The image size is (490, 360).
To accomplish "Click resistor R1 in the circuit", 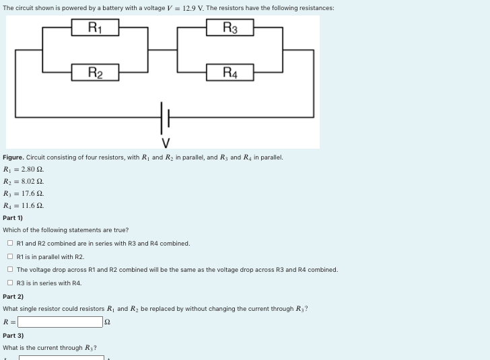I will click(x=95, y=28).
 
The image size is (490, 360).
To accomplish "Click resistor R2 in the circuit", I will click(x=95, y=72).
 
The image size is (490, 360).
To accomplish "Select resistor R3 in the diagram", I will click(x=230, y=28).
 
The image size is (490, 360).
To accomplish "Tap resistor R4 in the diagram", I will click(x=230, y=72).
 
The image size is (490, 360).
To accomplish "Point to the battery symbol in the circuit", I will click(x=164, y=118).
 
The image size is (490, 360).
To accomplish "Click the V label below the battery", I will click(x=166, y=143).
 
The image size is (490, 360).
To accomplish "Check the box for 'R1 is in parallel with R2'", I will click(x=10, y=256).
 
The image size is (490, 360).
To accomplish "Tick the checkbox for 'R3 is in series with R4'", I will click(x=10, y=283).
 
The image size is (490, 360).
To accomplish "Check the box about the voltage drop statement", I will click(x=10, y=270).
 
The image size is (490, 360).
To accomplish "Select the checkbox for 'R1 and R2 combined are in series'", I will click(x=10, y=244).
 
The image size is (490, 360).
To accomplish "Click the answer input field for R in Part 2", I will click(x=61, y=322).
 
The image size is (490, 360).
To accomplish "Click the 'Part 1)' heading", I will click(x=13, y=218).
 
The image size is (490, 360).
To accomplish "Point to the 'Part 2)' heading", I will click(x=13, y=296).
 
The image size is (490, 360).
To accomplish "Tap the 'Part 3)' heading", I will click(x=13, y=335).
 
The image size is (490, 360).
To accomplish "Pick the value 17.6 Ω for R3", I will click(x=32, y=194).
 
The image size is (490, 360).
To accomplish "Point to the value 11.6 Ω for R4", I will click(x=32, y=206).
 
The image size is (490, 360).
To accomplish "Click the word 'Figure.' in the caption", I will click(x=13, y=157).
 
